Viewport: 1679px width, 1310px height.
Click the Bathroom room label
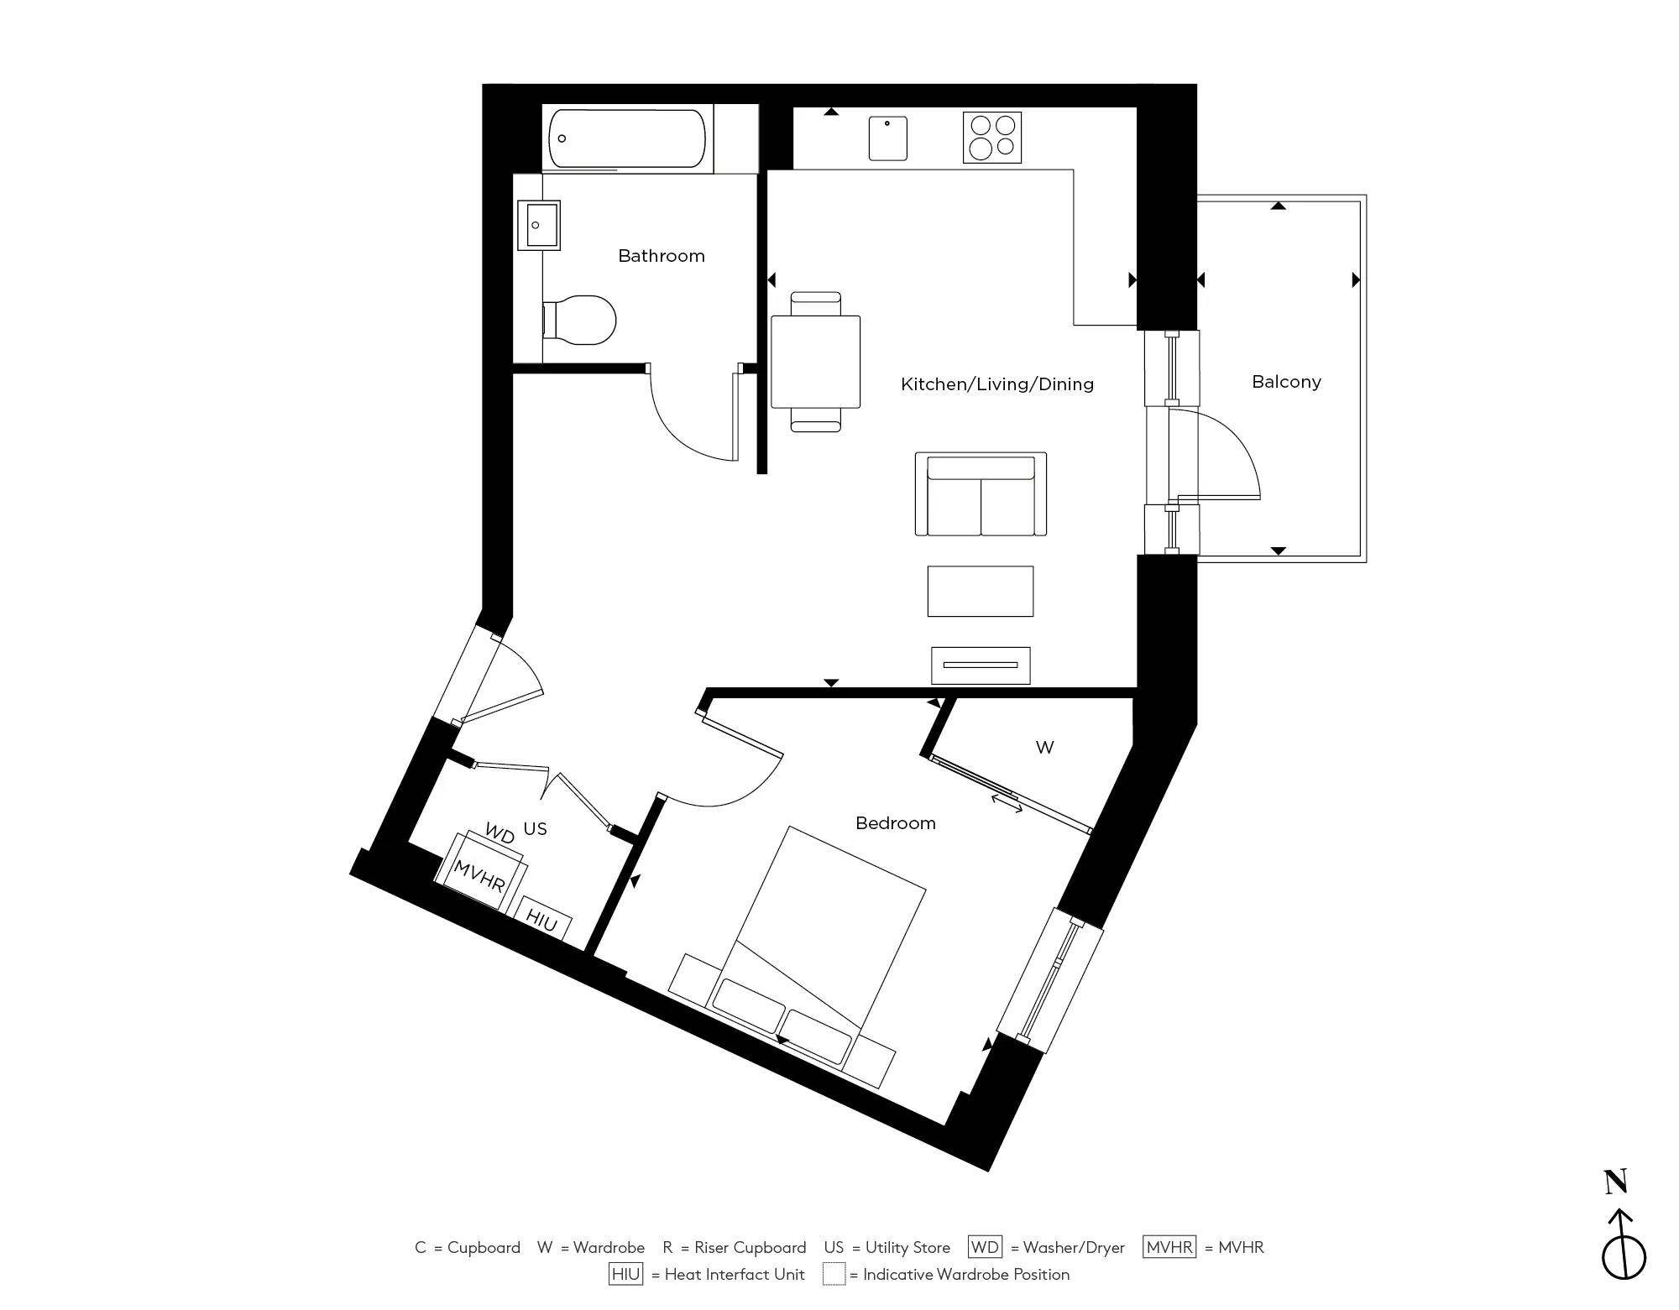662,256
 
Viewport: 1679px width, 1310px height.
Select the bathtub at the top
626,139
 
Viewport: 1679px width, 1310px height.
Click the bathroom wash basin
538,225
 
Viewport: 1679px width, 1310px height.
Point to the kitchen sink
887,138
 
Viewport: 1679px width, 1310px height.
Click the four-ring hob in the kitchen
992,138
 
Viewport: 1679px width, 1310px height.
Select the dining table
815,362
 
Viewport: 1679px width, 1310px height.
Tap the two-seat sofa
981,495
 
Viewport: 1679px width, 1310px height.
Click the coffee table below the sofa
980,592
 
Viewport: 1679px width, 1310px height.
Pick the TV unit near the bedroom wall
980,665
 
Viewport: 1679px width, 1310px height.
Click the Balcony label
1286,382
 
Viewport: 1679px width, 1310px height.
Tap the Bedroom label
895,823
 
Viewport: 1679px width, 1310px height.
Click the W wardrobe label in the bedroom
1044,748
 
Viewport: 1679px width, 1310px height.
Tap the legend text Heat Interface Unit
734,1275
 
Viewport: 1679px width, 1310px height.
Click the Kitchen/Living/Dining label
996,384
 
